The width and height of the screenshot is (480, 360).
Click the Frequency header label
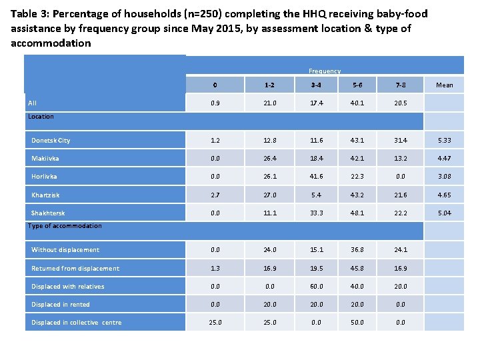coord(324,71)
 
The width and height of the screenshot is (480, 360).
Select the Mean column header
coord(444,85)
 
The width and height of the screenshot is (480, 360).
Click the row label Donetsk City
coord(51,141)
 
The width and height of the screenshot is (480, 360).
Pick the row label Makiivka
coord(45,159)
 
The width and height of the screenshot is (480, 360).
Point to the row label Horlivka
coord(45,177)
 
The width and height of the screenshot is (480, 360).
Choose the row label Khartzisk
coord(45,195)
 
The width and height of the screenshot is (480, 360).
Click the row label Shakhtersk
coord(48,213)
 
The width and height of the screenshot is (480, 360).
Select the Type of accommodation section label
coord(65,226)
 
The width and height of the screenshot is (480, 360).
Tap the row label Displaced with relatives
coord(68,287)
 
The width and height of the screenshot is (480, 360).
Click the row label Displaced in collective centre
coord(76,323)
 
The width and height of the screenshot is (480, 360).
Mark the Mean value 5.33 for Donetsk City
coord(444,141)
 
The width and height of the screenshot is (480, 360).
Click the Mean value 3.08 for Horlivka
coord(444,177)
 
